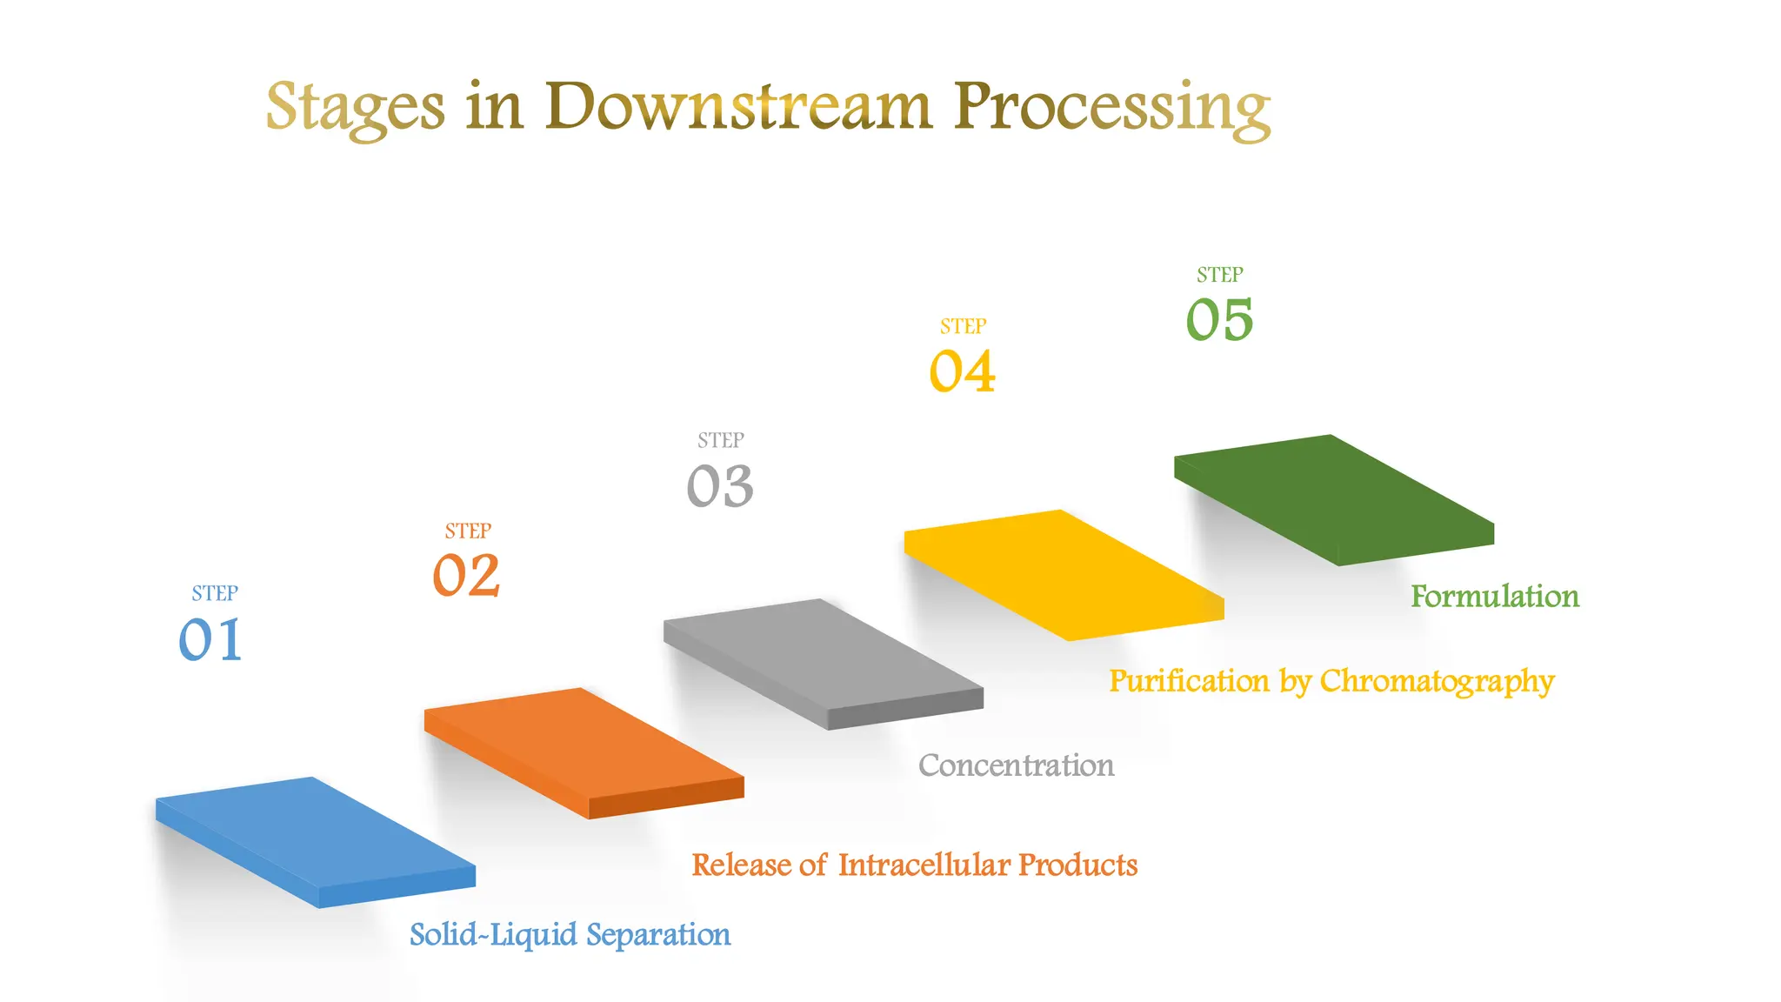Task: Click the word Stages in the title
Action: click(x=355, y=108)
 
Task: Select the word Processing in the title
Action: click(x=1112, y=108)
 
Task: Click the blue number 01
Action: click(x=210, y=640)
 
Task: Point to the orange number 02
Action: click(x=466, y=576)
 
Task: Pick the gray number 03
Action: click(x=720, y=485)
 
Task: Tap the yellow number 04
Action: click(x=962, y=371)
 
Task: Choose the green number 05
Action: click(x=1219, y=319)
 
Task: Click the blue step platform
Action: click(x=315, y=835)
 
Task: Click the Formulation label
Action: click(x=1494, y=597)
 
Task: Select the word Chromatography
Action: click(x=1437, y=682)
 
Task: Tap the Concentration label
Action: click(x=1016, y=765)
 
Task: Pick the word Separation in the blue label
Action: click(x=658, y=935)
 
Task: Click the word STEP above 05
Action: click(x=1219, y=275)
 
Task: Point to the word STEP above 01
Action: click(x=215, y=593)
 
